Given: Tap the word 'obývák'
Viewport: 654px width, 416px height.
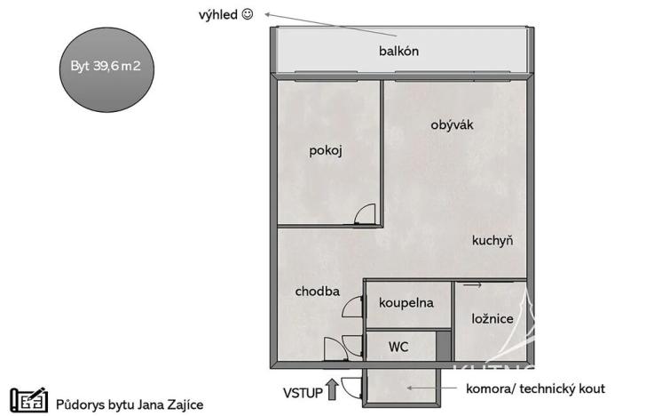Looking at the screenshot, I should point(453,124).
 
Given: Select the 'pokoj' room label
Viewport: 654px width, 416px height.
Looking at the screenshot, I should point(326,150).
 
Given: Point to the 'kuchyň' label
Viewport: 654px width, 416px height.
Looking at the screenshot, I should point(492,240).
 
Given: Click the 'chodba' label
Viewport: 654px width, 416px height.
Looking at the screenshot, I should point(318,291).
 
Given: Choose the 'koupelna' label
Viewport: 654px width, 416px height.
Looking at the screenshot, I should point(406,302).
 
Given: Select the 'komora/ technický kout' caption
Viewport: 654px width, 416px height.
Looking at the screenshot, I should point(535,388).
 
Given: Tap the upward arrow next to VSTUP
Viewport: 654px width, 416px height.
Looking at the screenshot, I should point(332,388).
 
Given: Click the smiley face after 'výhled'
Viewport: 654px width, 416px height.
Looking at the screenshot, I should point(248,14).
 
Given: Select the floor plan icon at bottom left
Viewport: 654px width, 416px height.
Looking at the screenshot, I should point(28,401).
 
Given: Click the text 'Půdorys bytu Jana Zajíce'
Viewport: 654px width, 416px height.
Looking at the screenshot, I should point(130,404).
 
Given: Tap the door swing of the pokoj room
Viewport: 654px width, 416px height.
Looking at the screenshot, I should point(365,214).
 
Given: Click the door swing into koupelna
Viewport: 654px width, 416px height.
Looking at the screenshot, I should point(354,305).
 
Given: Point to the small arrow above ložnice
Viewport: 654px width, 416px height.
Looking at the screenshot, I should point(472,285).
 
